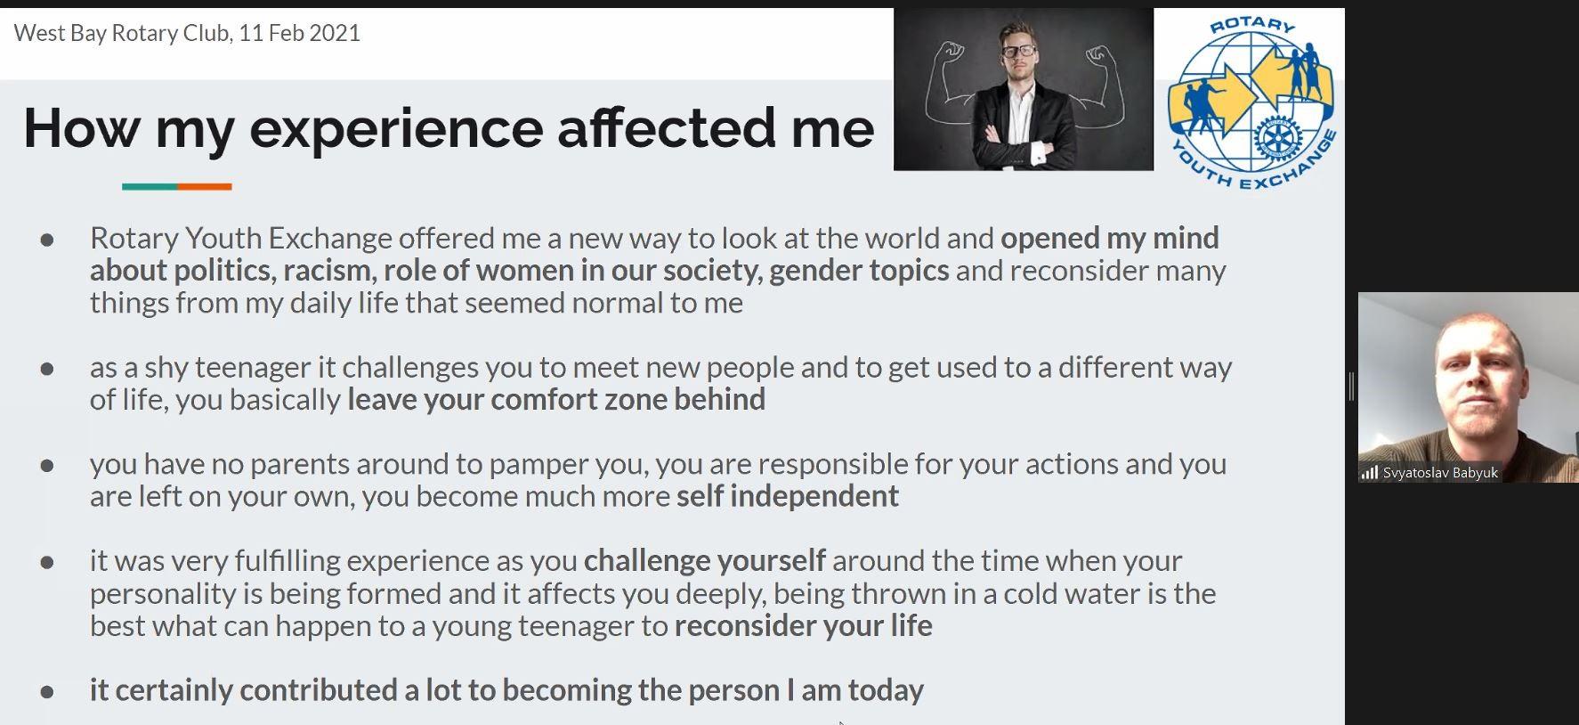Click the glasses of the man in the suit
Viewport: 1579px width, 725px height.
[x=1019, y=50]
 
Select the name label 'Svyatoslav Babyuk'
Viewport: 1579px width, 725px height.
[x=1440, y=473]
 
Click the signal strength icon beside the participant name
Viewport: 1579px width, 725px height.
[x=1369, y=473]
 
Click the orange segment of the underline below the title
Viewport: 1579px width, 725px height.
[x=205, y=187]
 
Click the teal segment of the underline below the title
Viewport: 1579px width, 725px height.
[x=150, y=187]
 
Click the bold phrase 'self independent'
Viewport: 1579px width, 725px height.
[x=788, y=496]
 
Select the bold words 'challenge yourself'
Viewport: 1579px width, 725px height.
[x=704, y=562]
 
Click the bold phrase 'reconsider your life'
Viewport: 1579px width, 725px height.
[x=803, y=626]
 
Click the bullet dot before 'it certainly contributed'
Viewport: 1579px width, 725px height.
[x=47, y=691]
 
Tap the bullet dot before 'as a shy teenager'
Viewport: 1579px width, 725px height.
[x=47, y=369]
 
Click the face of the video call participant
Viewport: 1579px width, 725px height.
[x=1475, y=379]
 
